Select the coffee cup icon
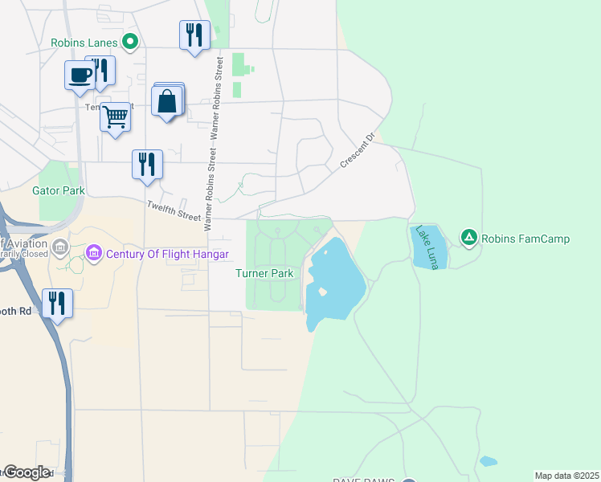(79, 75)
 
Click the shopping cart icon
(115, 117)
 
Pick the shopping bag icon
(166, 102)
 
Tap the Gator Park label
(58, 190)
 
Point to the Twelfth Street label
(173, 210)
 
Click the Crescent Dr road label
(357, 150)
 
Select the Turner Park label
(264, 273)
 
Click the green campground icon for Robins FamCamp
(468, 237)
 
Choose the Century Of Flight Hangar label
(167, 255)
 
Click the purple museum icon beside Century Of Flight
(94, 255)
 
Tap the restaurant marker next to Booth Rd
(57, 303)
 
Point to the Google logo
(26, 472)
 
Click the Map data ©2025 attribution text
(566, 476)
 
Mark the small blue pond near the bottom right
(487, 461)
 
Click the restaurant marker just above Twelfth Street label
(147, 164)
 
